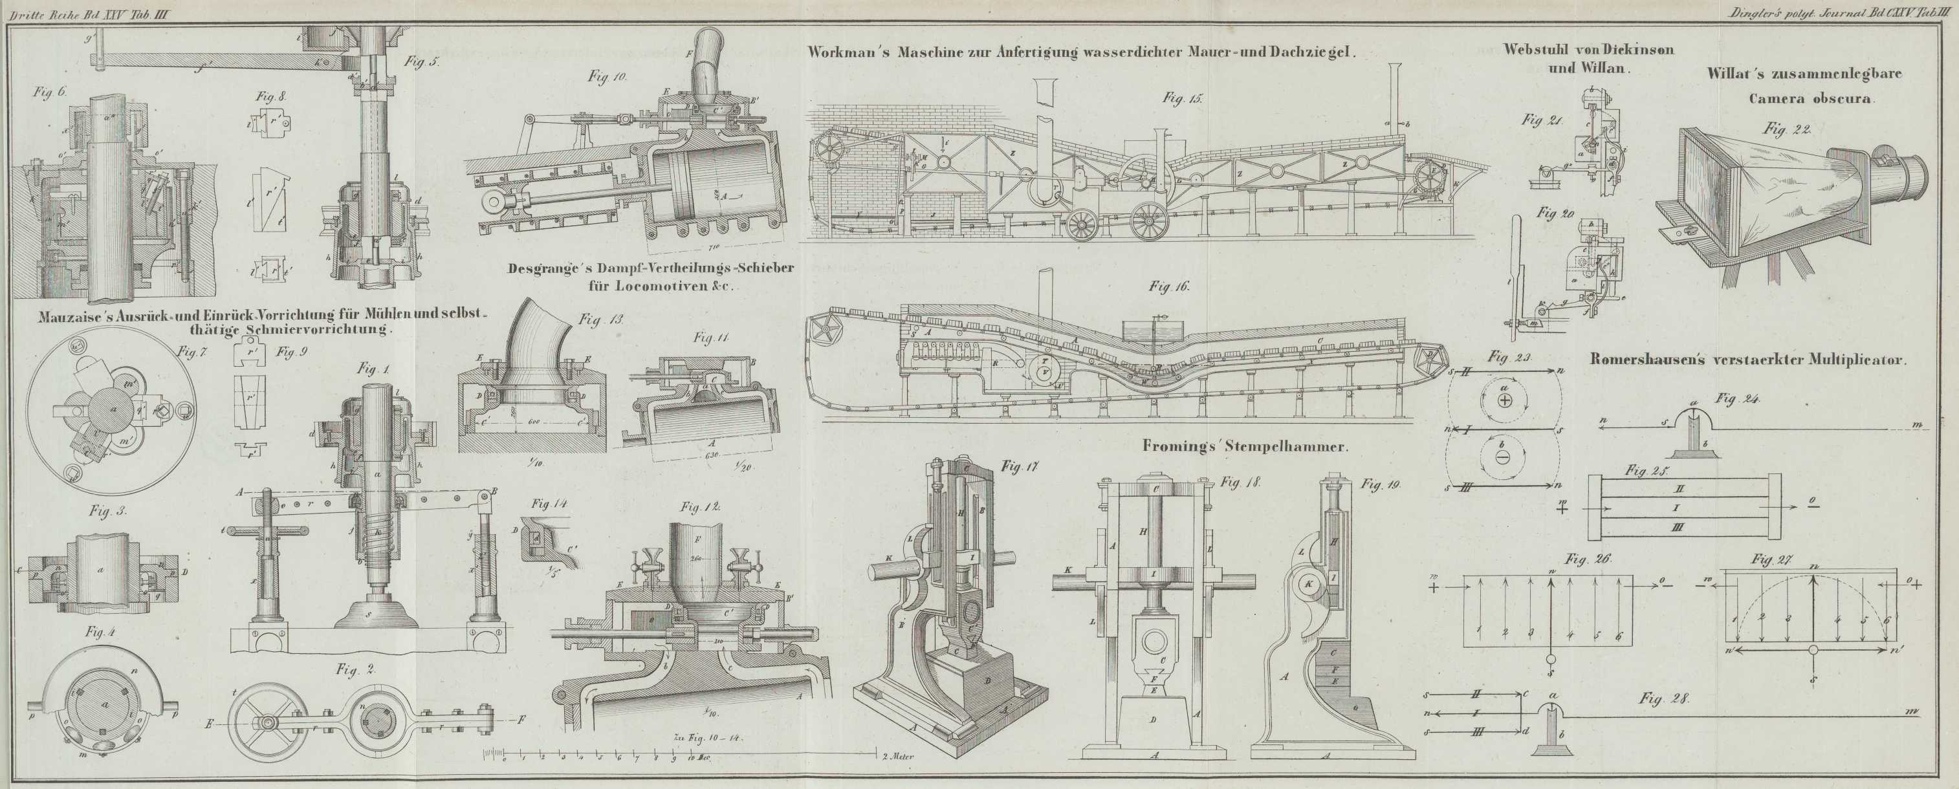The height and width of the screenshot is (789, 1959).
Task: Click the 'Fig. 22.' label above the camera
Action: coord(1786,130)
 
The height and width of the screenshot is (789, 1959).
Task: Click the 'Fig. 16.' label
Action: coord(1169,286)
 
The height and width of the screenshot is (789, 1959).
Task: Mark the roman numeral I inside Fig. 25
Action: coord(1692,506)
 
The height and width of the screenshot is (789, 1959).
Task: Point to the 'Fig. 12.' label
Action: coord(699,506)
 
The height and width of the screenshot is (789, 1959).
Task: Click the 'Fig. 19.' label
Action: coord(1381,484)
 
